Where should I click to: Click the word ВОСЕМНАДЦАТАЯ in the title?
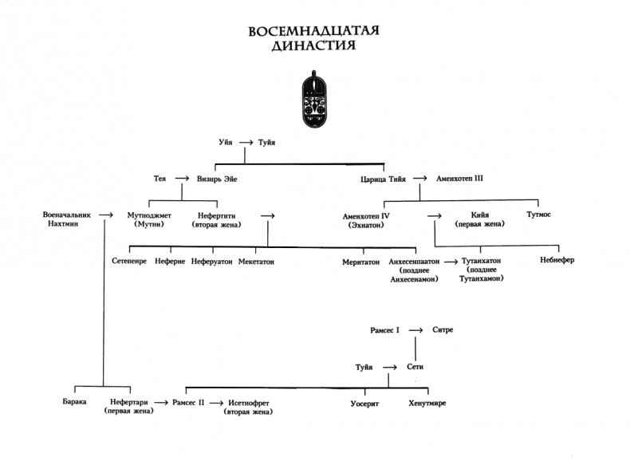click(314, 32)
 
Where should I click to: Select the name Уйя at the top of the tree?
click(227, 143)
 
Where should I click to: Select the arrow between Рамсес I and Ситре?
click(416, 329)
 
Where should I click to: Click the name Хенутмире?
click(427, 404)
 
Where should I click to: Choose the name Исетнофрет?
click(250, 404)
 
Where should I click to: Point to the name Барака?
click(73, 404)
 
